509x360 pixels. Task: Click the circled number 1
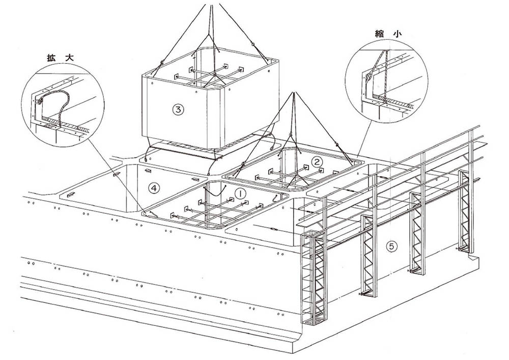tap(241, 193)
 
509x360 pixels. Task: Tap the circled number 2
tap(317, 162)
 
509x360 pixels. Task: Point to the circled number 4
tap(154, 188)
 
